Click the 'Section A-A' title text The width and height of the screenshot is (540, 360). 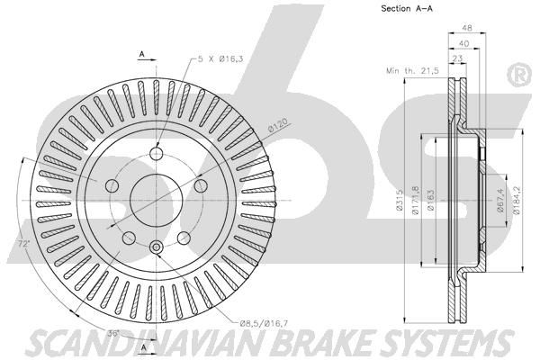[407, 8]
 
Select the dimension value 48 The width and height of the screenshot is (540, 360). [467, 28]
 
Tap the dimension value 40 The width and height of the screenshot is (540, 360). [463, 43]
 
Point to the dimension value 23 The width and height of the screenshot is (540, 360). [457, 58]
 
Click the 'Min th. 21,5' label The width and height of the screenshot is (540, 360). [412, 71]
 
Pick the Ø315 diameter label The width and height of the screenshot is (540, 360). [400, 200]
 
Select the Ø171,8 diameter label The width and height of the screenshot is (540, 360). [416, 201]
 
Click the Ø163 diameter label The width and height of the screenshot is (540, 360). [430, 200]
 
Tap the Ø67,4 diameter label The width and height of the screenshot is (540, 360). [500, 201]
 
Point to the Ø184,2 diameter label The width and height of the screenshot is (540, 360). [517, 200]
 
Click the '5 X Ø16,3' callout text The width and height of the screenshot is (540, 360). [220, 59]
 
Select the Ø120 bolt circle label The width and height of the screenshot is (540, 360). [277, 125]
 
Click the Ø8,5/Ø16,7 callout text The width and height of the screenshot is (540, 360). [264, 323]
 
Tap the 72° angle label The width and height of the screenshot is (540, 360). [23, 244]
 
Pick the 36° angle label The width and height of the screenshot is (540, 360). [113, 334]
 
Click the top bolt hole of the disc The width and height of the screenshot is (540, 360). [157, 154]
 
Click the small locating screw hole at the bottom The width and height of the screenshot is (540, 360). [157, 247]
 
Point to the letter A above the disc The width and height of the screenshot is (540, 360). [141, 54]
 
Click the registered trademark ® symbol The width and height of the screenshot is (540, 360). [520, 76]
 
